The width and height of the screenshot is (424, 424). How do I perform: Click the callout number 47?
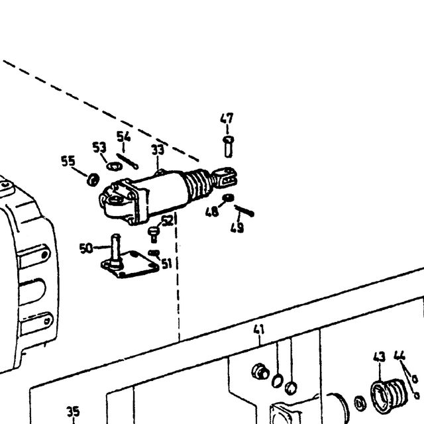click(x=227, y=119)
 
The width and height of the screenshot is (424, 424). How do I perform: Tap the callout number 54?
click(x=124, y=136)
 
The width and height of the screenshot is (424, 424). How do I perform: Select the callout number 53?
click(x=99, y=147)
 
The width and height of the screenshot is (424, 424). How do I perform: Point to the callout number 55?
click(x=68, y=161)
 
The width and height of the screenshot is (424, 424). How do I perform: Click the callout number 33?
click(x=158, y=150)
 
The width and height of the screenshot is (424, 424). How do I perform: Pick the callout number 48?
click(x=212, y=212)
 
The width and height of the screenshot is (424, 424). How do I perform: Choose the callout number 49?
click(x=237, y=228)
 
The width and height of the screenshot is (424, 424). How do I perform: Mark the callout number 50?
click(x=86, y=248)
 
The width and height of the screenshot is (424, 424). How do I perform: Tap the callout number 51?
click(x=167, y=264)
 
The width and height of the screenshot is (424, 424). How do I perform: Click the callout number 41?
click(x=259, y=330)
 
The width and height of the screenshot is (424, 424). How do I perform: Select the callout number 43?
click(x=379, y=357)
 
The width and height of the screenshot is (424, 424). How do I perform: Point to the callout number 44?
click(x=399, y=355)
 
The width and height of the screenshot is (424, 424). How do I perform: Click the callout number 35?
click(x=73, y=411)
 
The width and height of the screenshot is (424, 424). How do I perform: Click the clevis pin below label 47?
click(x=229, y=146)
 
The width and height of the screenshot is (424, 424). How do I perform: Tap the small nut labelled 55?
click(x=93, y=180)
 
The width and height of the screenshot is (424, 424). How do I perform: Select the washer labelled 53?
click(x=114, y=166)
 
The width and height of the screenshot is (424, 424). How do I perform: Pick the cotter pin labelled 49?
click(x=244, y=211)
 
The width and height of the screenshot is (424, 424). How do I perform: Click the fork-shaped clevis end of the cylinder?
click(x=225, y=177)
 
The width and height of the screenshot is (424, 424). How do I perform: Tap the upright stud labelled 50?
click(x=115, y=250)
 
